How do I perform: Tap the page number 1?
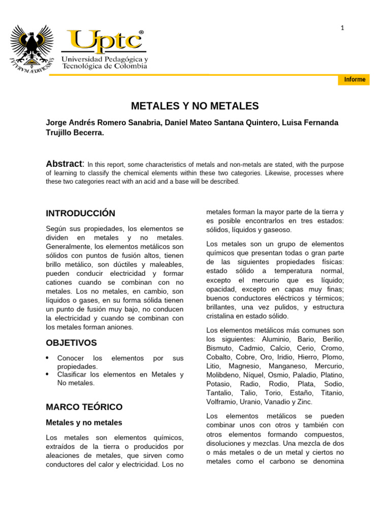pyautogui.click(x=342, y=28)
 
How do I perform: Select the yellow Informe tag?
pyautogui.click(x=354, y=80)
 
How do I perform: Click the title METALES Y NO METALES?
pyautogui.click(x=195, y=106)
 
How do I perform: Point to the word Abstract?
pyautogui.click(x=64, y=164)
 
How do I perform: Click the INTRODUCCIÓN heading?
pyautogui.click(x=80, y=213)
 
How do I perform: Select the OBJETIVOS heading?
pyautogui.click(x=71, y=343)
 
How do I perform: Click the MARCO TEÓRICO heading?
pyautogui.click(x=84, y=407)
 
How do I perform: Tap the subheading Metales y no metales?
pyautogui.click(x=84, y=423)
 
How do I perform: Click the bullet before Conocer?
pyautogui.click(x=48, y=358)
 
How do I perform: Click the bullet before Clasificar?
pyautogui.click(x=48, y=374)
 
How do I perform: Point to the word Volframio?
pyautogui.click(x=222, y=402)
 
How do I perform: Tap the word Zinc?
pyautogui.click(x=305, y=402)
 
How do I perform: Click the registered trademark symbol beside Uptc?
pyautogui.click(x=141, y=33)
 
